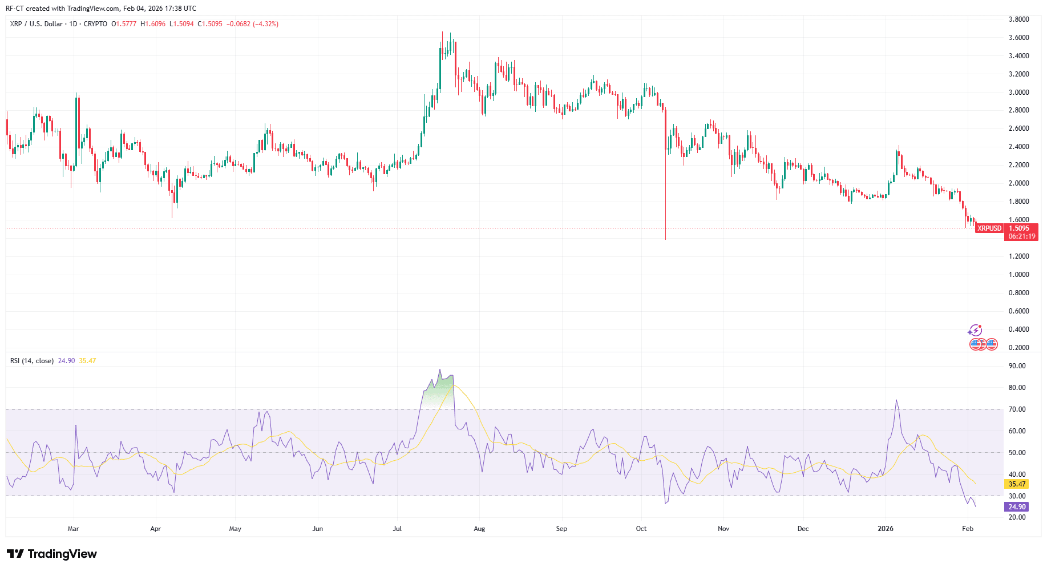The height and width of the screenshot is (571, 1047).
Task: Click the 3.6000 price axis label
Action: tap(1018, 38)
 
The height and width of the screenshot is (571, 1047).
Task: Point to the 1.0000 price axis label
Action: tap(1018, 275)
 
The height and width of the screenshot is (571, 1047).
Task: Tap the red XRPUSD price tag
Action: tap(989, 228)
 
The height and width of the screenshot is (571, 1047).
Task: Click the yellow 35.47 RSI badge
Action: tap(1017, 484)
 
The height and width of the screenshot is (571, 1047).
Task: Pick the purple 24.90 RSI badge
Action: tap(1017, 507)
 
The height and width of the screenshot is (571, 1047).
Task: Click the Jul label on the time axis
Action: tap(397, 529)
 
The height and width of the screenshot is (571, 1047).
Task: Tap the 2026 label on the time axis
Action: tap(886, 529)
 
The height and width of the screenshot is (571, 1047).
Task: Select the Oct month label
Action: tap(641, 529)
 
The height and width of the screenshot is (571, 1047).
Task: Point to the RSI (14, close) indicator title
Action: tap(32, 361)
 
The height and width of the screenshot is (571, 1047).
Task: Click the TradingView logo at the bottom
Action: tap(52, 554)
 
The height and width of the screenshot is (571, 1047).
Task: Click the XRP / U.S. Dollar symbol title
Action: tap(37, 24)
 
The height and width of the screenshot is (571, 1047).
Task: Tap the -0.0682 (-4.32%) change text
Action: tap(252, 24)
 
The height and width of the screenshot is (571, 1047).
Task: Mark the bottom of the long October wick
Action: tap(665, 239)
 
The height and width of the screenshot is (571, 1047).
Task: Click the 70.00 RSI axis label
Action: tap(1017, 409)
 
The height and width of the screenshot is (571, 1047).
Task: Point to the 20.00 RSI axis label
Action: tap(1017, 517)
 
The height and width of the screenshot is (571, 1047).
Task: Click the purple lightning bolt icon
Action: tap(975, 330)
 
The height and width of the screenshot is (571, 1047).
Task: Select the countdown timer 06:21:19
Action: tap(1021, 236)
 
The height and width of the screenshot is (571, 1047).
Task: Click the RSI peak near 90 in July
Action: tap(439, 370)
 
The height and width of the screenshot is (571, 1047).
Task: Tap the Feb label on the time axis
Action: tap(967, 529)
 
